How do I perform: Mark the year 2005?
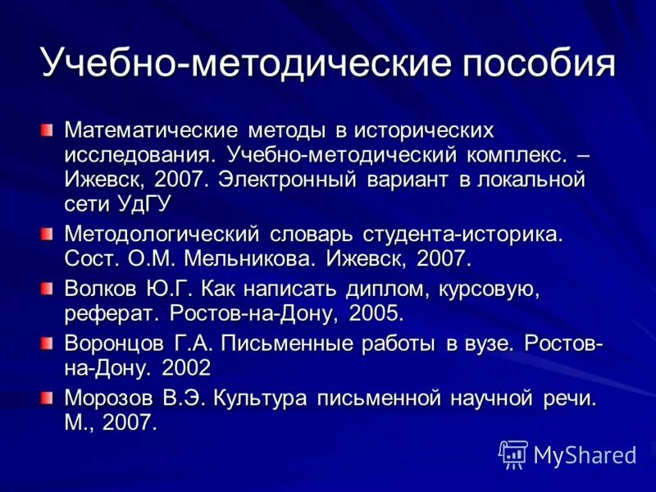376,313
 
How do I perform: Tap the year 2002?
185,368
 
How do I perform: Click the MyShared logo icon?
513,454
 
